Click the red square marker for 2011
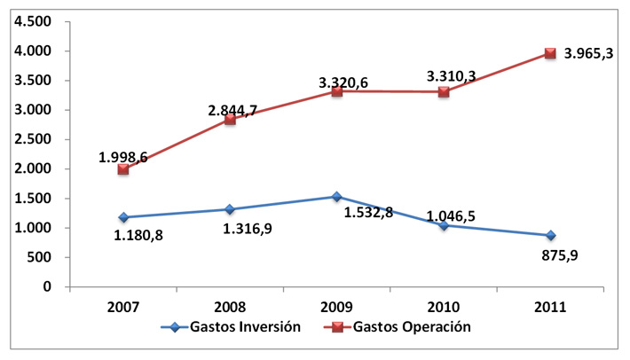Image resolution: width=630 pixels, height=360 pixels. click(550, 53)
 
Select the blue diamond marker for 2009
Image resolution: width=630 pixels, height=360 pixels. click(337, 197)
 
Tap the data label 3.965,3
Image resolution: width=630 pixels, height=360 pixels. click(594, 54)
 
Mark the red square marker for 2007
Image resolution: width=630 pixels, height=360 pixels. click(123, 169)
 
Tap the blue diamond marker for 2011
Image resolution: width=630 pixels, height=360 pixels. click(550, 236)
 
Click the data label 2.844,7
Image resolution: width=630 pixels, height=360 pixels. click(239, 110)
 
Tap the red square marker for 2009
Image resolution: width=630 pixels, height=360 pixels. click(337, 91)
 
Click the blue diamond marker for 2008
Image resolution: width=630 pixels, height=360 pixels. click(230, 209)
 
